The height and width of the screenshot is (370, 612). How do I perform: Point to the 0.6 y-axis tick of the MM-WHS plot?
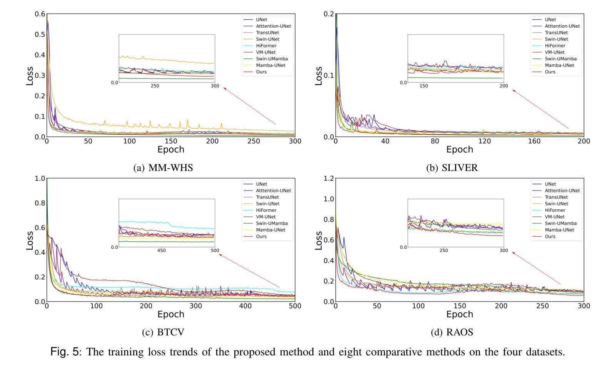point(40,14)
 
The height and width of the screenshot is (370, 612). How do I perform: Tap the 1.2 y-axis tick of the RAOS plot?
point(329,178)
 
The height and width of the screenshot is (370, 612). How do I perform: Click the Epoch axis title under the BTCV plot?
point(171,314)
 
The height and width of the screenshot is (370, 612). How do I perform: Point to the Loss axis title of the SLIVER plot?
point(319,75)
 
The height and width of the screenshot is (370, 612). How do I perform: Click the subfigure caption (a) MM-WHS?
point(163,168)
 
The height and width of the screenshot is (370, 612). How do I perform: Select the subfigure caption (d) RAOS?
point(452,332)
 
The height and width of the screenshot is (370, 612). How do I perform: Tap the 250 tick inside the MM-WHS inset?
point(155,86)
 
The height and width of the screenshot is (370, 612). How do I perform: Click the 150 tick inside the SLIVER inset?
point(424,86)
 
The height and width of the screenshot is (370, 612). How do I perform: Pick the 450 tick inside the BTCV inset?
point(162,251)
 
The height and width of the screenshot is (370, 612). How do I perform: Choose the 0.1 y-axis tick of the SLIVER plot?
point(329,75)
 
